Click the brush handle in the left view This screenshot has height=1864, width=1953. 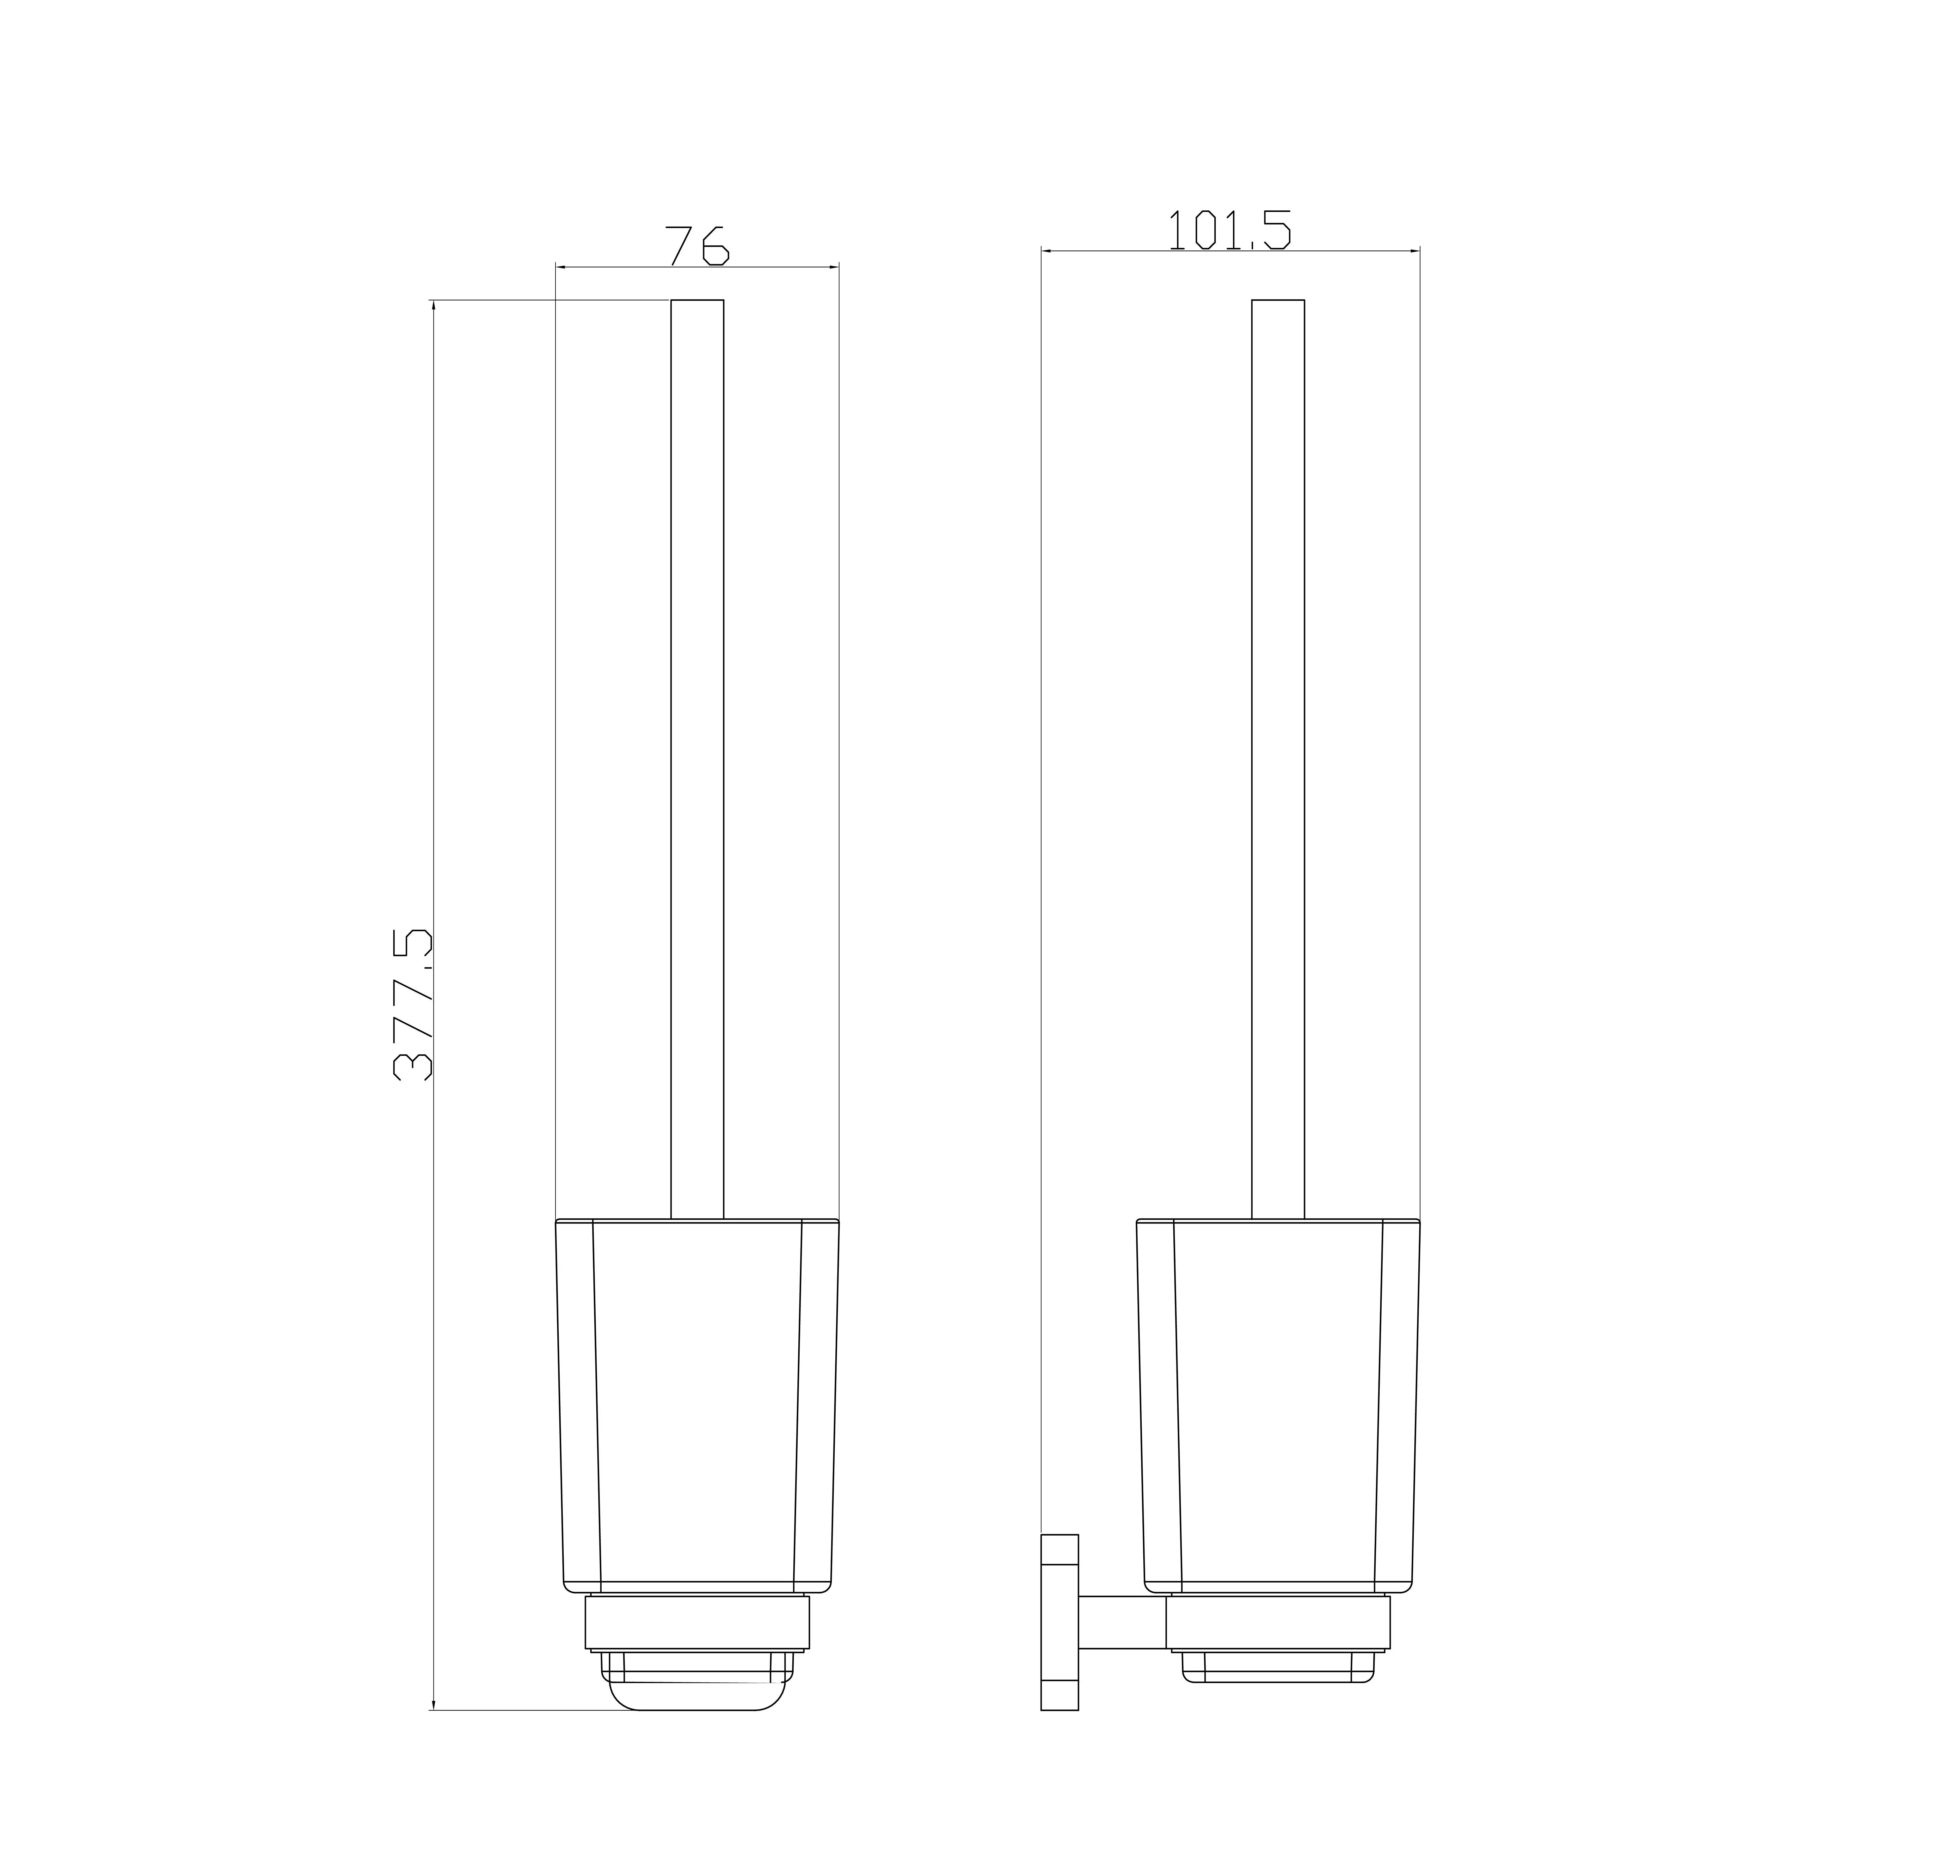[697, 759]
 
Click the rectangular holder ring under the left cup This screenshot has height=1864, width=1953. [697, 1623]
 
